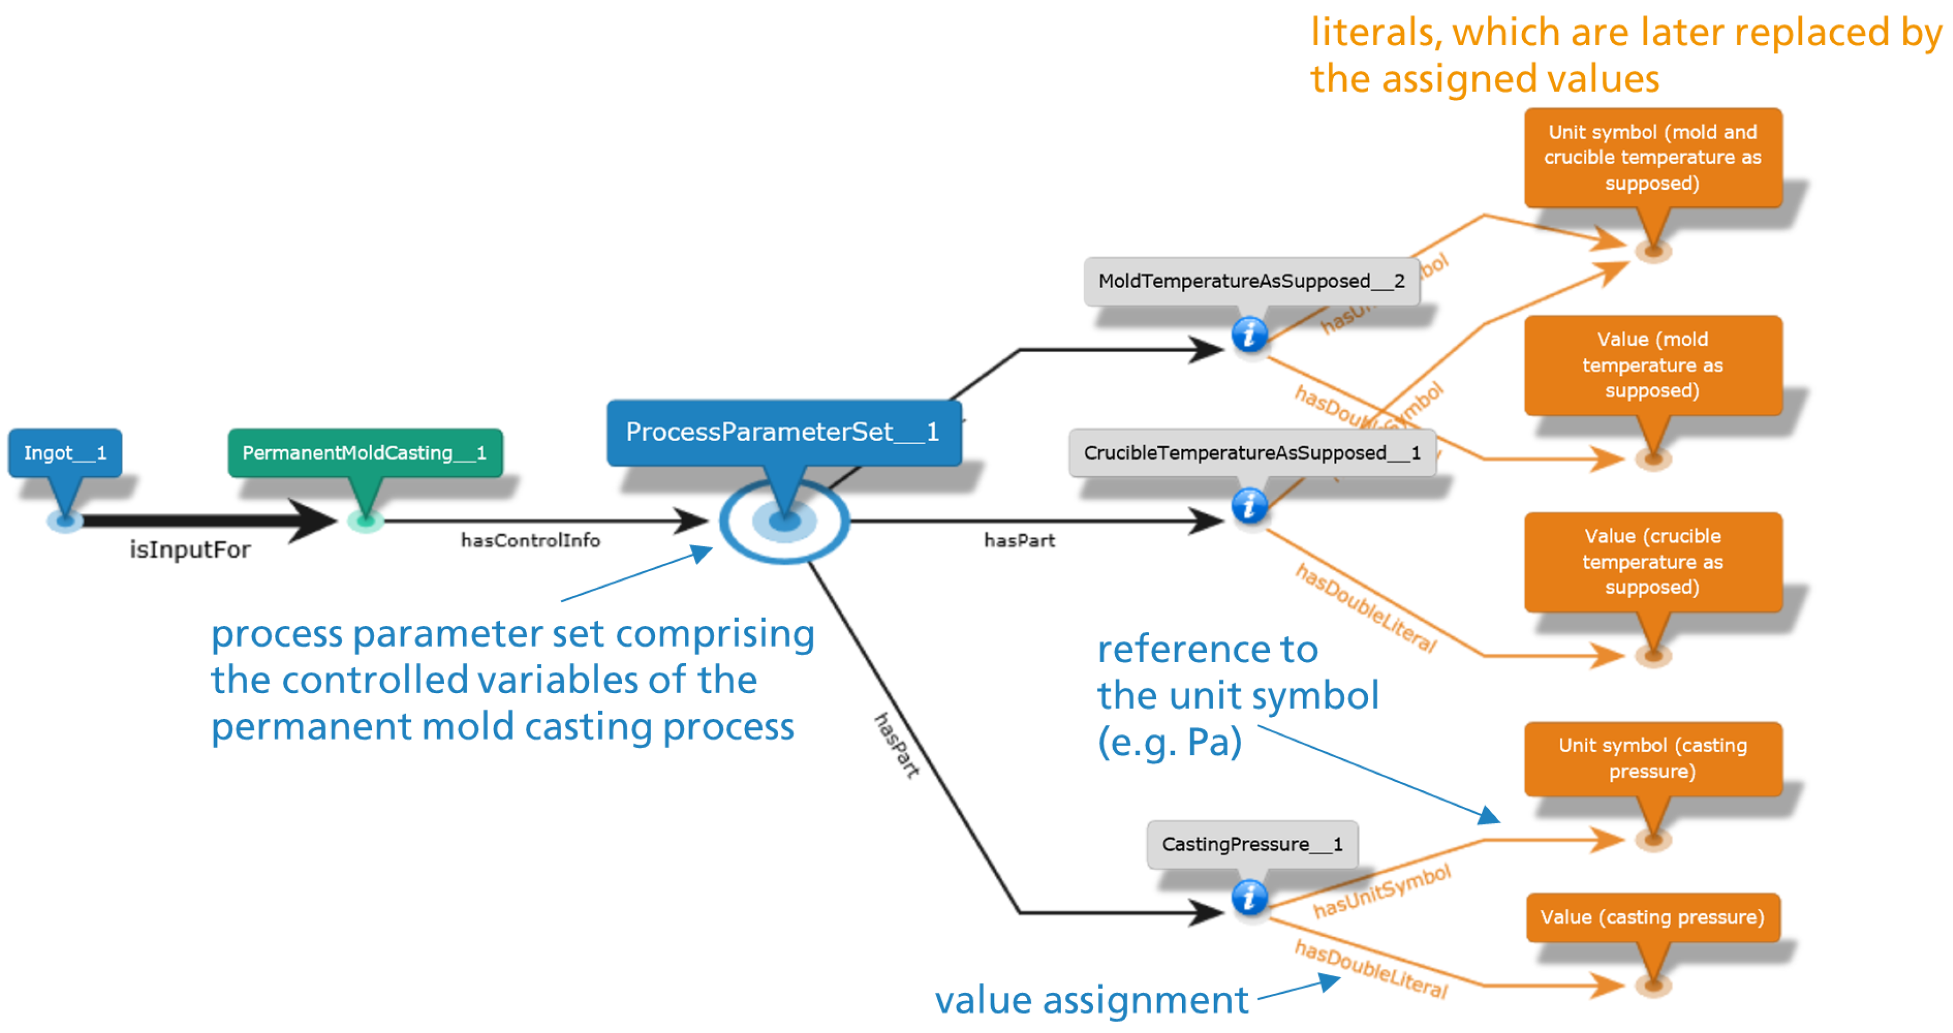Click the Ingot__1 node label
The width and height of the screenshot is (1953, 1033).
tap(65, 453)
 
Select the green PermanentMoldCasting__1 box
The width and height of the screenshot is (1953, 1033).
tap(365, 453)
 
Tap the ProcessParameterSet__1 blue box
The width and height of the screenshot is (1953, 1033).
tap(783, 432)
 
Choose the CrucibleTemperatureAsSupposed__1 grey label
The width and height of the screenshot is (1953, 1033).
tap(1251, 453)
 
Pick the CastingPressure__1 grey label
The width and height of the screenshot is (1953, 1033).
tap(1252, 844)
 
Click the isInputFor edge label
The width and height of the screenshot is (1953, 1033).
tap(189, 550)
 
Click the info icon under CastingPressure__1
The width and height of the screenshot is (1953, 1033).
tap(1249, 898)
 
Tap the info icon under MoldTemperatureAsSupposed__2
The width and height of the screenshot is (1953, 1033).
tap(1249, 334)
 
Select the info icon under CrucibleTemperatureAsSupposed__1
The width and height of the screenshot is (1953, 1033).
tap(1249, 505)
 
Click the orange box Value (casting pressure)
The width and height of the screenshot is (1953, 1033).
tap(1652, 918)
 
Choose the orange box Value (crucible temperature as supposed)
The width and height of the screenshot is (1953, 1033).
tap(1652, 562)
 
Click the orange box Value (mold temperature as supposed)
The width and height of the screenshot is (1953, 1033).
tap(1652, 365)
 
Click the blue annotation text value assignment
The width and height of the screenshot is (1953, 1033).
tap(1091, 1000)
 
